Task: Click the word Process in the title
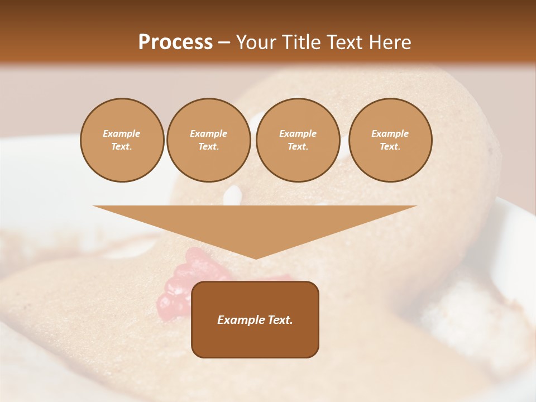coord(175,42)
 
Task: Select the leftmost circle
coord(122,140)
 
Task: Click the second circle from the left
coord(208,140)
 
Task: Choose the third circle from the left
coord(298,140)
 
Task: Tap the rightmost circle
coord(390,140)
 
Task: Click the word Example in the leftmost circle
coord(122,133)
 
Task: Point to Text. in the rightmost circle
coord(390,147)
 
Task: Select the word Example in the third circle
coord(298,133)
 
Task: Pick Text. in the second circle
coord(208,147)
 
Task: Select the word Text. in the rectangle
coord(280,320)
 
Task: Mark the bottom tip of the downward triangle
coord(255,259)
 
